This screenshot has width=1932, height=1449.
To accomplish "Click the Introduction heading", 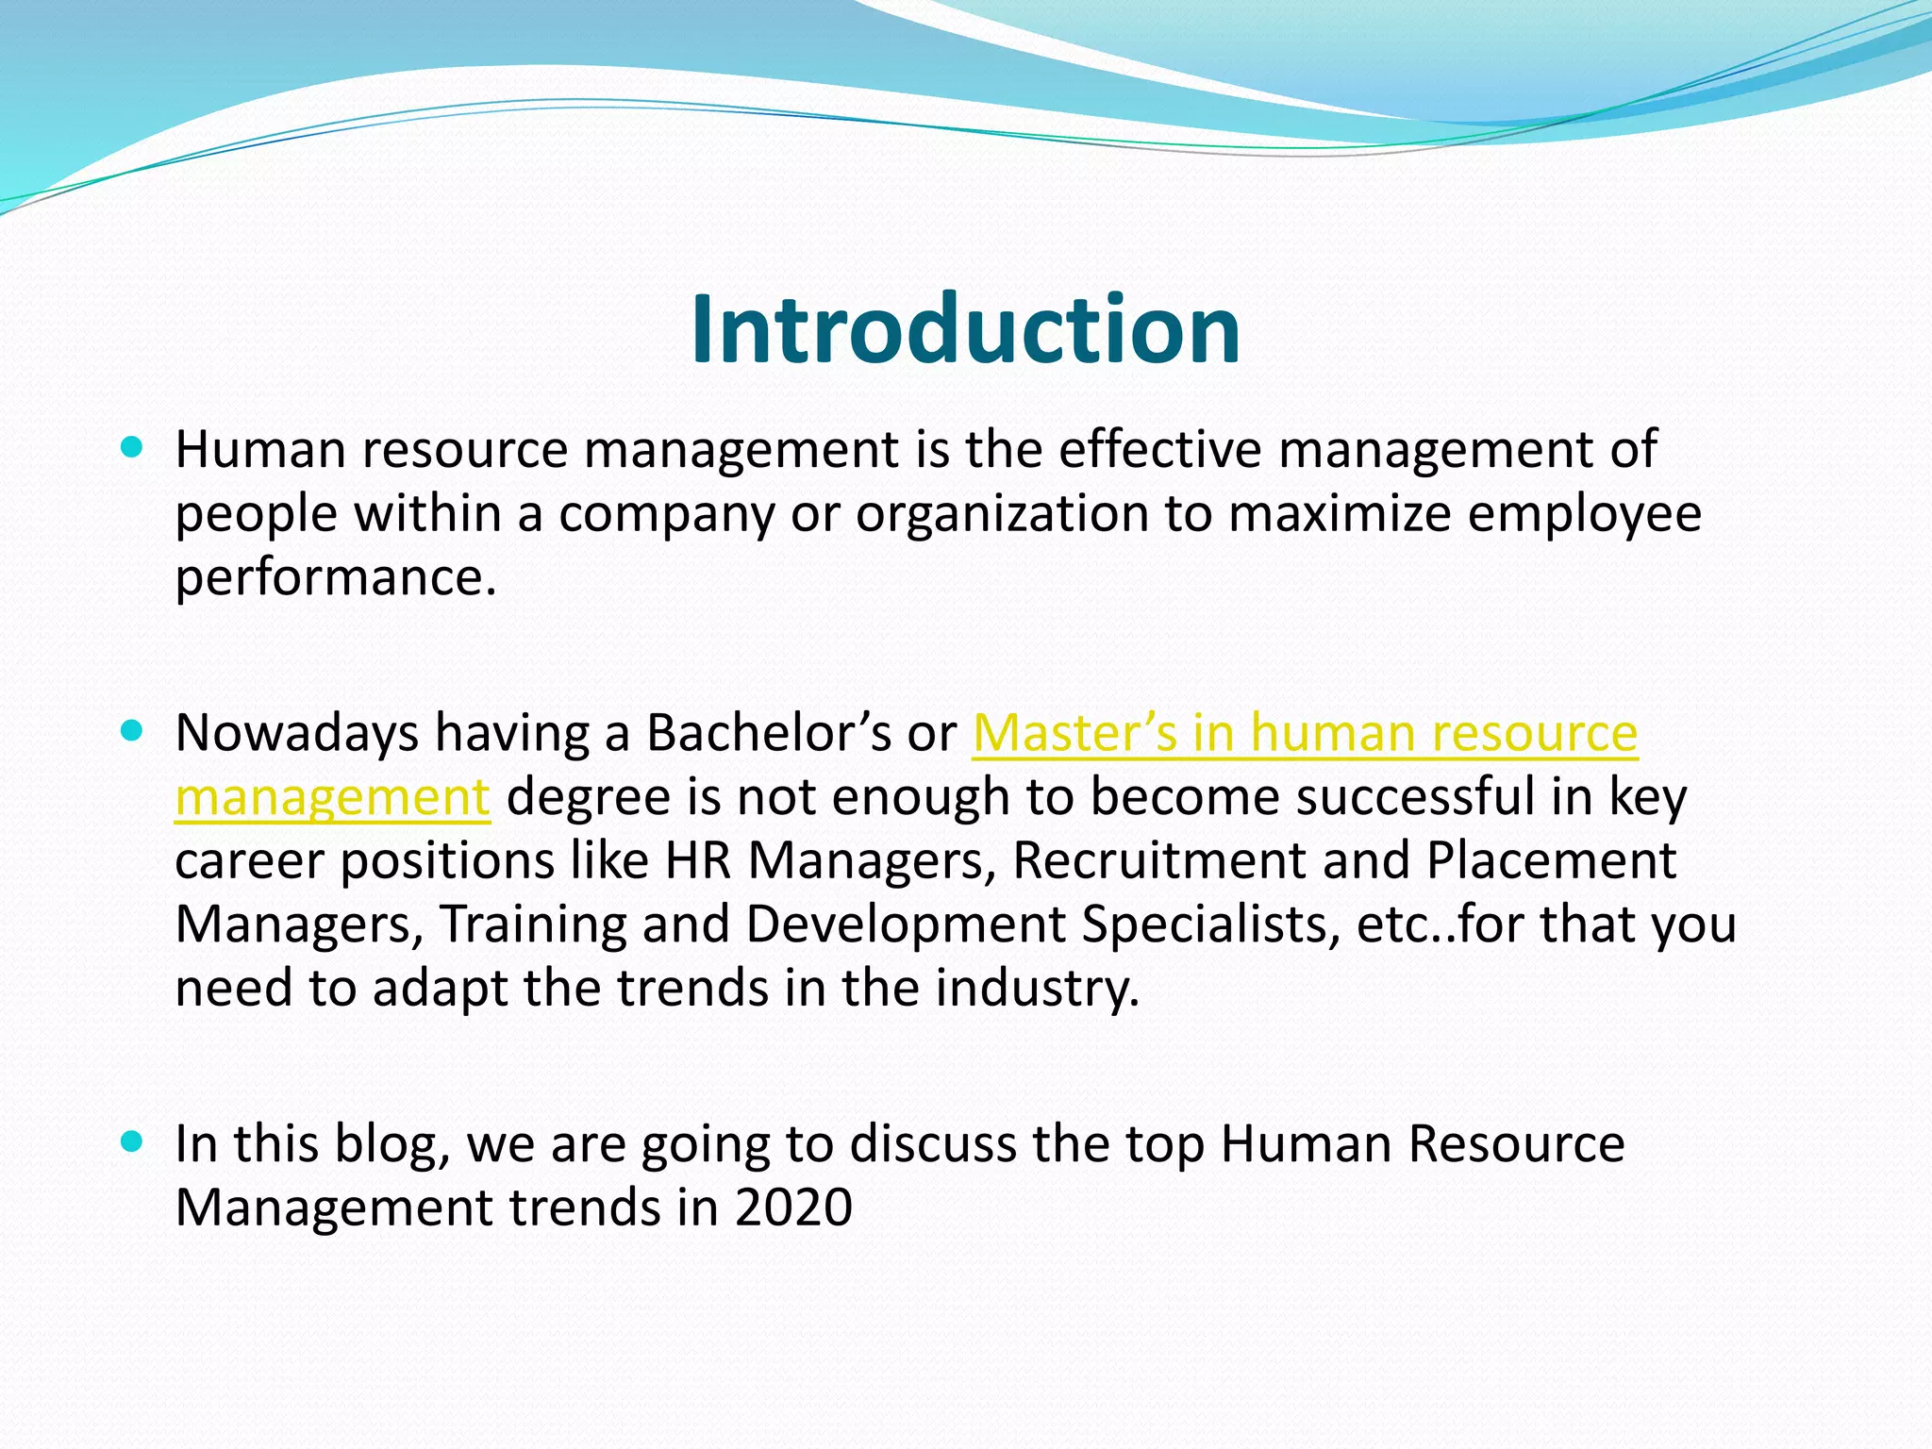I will click(x=965, y=329).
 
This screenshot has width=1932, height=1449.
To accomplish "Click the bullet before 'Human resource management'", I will click(x=132, y=447).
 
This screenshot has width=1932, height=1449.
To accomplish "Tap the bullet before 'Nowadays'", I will click(x=132, y=730).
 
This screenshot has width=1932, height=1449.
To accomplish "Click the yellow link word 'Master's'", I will click(x=1074, y=733).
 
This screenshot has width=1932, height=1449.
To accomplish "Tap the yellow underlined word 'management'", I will click(x=332, y=798).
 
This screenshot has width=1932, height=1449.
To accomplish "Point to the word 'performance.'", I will click(x=336, y=577).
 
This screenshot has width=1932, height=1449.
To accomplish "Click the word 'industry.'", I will click(x=1038, y=989).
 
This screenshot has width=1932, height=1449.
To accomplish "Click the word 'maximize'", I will click(x=1340, y=514).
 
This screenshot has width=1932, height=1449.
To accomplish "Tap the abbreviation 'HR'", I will click(x=698, y=860).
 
